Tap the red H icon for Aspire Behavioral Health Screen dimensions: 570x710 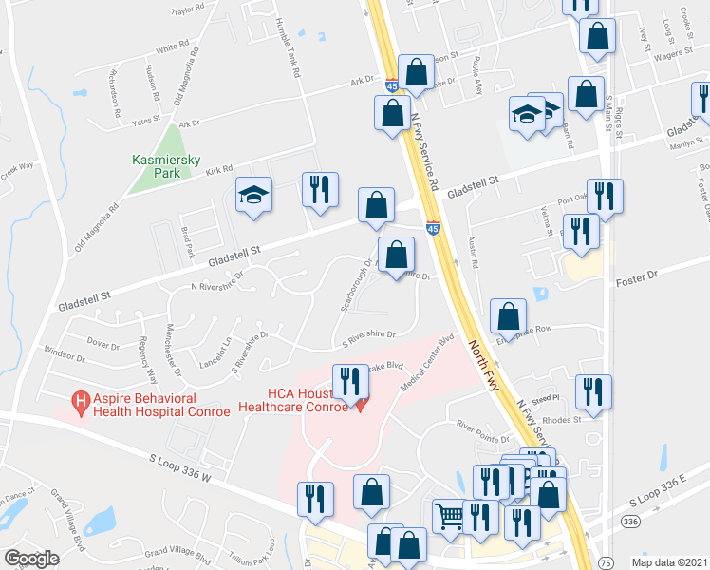pos(82,403)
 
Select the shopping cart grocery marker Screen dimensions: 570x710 pos(448,516)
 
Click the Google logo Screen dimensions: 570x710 pos(31,559)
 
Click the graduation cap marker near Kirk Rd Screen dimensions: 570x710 pos(253,195)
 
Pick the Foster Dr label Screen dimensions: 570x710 pos(637,276)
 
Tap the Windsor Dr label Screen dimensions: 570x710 pos(65,355)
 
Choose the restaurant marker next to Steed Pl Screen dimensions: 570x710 pos(593,391)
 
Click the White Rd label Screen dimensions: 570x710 pos(173,47)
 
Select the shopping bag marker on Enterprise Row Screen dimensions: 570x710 pos(509,317)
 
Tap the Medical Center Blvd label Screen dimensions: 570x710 pos(429,361)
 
